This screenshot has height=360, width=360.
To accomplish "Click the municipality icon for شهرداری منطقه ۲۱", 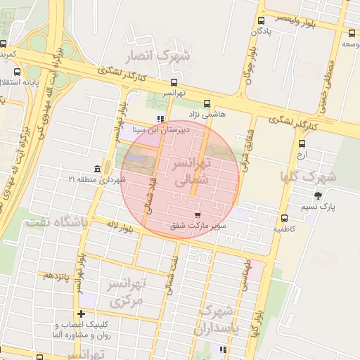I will point(96,169).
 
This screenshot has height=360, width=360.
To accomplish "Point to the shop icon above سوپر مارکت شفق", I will point(196,215).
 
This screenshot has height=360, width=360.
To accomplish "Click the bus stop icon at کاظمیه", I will point(284,218).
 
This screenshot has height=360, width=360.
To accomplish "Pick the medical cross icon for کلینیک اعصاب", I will point(82,314).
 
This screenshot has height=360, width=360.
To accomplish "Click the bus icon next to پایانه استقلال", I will point(17,71).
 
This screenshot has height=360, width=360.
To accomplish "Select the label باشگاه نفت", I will point(57,222).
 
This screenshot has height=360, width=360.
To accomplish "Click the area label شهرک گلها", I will point(330,176).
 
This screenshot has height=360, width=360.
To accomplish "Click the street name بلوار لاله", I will point(122,227).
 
